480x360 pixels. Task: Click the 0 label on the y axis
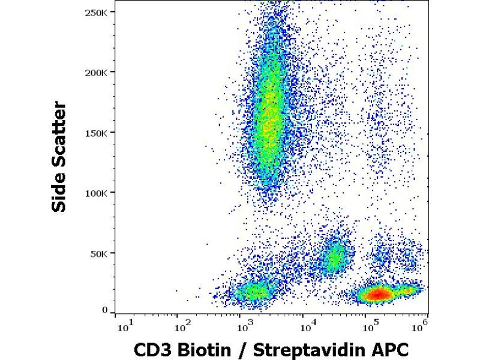104,310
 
